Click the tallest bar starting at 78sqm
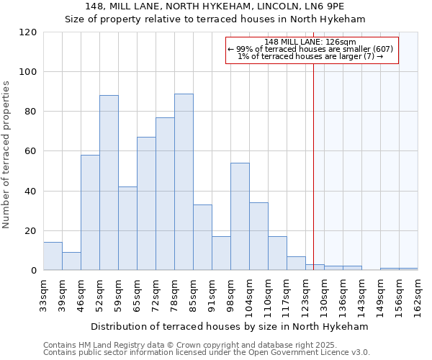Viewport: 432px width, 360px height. point(184,182)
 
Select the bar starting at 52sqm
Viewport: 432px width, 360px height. point(109,183)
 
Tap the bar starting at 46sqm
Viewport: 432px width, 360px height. point(90,212)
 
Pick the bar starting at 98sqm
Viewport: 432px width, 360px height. point(240,216)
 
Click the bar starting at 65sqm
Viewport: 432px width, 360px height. point(146,204)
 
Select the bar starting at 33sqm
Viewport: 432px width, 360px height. point(53,256)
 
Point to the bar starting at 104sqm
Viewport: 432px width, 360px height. point(258,236)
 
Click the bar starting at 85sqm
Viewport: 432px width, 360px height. point(202,238)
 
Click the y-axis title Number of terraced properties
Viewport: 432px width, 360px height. point(6,155)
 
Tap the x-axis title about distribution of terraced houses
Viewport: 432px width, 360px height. point(230,326)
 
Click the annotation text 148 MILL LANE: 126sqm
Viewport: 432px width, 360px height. point(310,42)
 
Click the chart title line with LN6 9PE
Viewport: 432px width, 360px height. point(215,6)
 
